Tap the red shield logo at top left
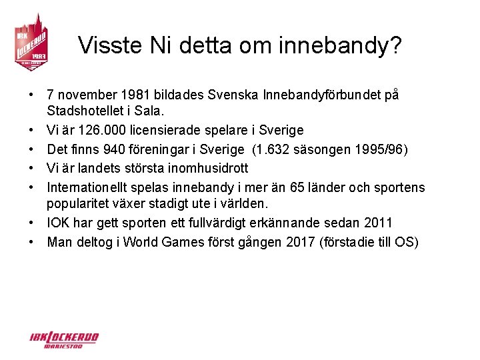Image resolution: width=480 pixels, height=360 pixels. click(31, 42)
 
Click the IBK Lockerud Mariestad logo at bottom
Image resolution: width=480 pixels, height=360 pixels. click(63, 339)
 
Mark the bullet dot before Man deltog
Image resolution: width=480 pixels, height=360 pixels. click(31, 241)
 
